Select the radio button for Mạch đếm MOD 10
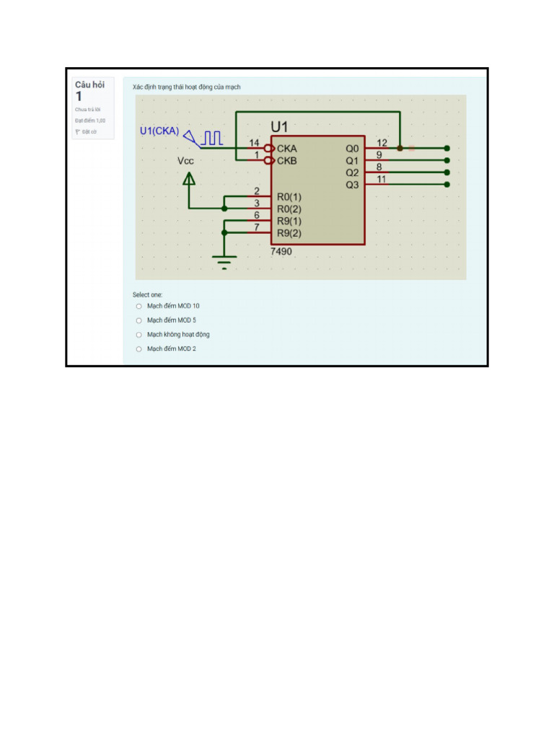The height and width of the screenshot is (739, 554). coord(139,306)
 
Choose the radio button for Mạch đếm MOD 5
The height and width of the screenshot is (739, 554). coord(139,320)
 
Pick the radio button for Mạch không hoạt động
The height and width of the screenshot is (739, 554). coord(139,335)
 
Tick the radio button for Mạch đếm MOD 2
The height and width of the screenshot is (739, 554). coord(139,349)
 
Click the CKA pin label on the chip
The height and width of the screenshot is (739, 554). coord(286,149)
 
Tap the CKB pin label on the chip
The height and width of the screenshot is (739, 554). coord(286,160)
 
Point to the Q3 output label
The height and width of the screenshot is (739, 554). coord(352,185)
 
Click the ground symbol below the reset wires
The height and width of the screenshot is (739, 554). coord(224,261)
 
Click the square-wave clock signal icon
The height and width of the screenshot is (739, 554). coord(212,136)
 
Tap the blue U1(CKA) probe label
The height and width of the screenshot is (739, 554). coord(159,131)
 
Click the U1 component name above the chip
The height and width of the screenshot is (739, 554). coord(280,126)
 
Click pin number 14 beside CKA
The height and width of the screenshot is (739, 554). coord(254,143)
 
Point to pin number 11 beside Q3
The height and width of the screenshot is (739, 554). coord(382,179)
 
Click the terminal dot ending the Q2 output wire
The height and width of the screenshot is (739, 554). coord(447,172)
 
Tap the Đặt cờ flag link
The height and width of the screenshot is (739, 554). coord(87,132)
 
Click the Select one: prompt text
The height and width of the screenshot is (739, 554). coord(147,294)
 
